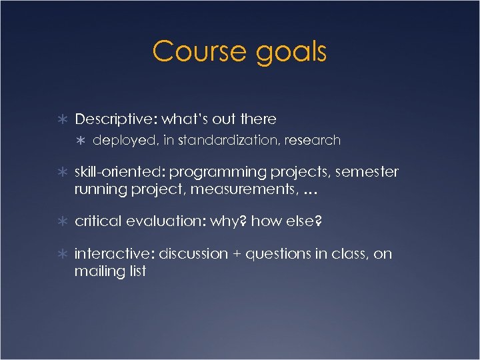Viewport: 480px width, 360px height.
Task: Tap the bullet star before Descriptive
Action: (x=61, y=119)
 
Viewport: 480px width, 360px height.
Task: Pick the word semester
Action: (x=367, y=172)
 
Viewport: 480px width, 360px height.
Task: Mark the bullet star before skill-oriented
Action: (x=61, y=173)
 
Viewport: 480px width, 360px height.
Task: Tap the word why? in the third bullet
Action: (x=229, y=221)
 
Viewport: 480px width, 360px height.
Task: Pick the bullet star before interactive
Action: (x=61, y=254)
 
